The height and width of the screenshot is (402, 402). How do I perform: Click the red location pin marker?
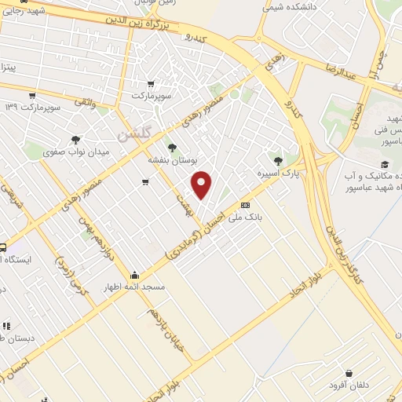202,184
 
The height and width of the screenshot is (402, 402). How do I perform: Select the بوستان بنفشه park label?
171,159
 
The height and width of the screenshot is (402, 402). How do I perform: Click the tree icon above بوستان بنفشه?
171,147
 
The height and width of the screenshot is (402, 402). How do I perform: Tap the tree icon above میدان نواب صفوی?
75,140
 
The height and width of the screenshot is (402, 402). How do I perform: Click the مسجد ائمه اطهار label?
134,287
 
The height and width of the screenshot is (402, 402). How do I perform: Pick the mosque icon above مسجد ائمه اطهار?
135,276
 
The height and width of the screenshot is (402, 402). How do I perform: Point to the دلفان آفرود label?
349,385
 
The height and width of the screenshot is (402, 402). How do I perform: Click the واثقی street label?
85,101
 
